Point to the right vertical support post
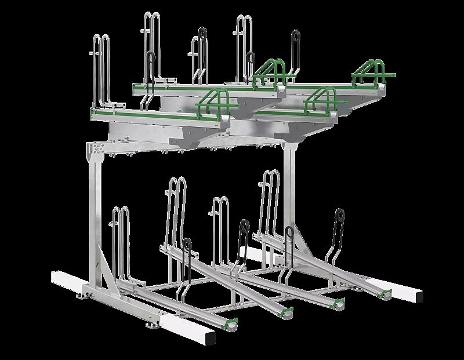tap(288, 186)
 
